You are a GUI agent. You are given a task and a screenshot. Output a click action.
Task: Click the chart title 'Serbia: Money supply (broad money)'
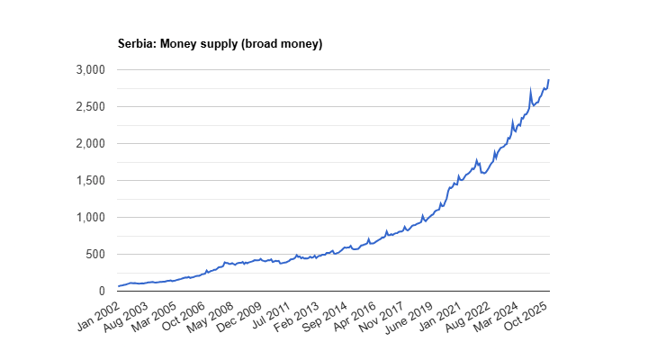[220, 43]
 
